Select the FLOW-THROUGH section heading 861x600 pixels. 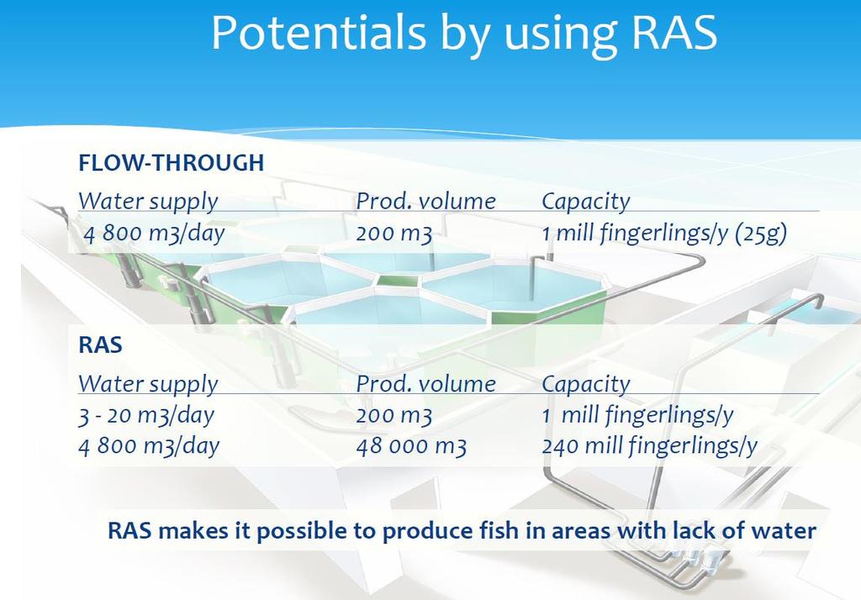click(172, 163)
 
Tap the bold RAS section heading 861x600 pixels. click(101, 345)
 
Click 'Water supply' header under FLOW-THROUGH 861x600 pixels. click(148, 202)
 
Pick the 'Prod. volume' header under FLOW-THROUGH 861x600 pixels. click(426, 202)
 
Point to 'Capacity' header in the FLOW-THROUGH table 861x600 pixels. click(586, 202)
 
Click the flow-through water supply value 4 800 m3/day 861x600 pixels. click(155, 234)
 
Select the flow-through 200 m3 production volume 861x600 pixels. click(394, 234)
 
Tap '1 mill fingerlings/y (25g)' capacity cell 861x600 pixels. click(664, 234)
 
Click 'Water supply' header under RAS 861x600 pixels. click(148, 384)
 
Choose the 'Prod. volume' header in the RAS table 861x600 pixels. click(426, 384)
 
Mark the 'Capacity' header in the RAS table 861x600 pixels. click(586, 384)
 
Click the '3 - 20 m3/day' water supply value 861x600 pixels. click(146, 416)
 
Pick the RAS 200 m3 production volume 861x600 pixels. click(394, 416)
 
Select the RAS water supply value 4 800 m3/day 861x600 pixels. click(149, 446)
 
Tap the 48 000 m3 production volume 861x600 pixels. click(411, 446)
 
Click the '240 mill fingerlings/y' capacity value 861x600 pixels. click(650, 445)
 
